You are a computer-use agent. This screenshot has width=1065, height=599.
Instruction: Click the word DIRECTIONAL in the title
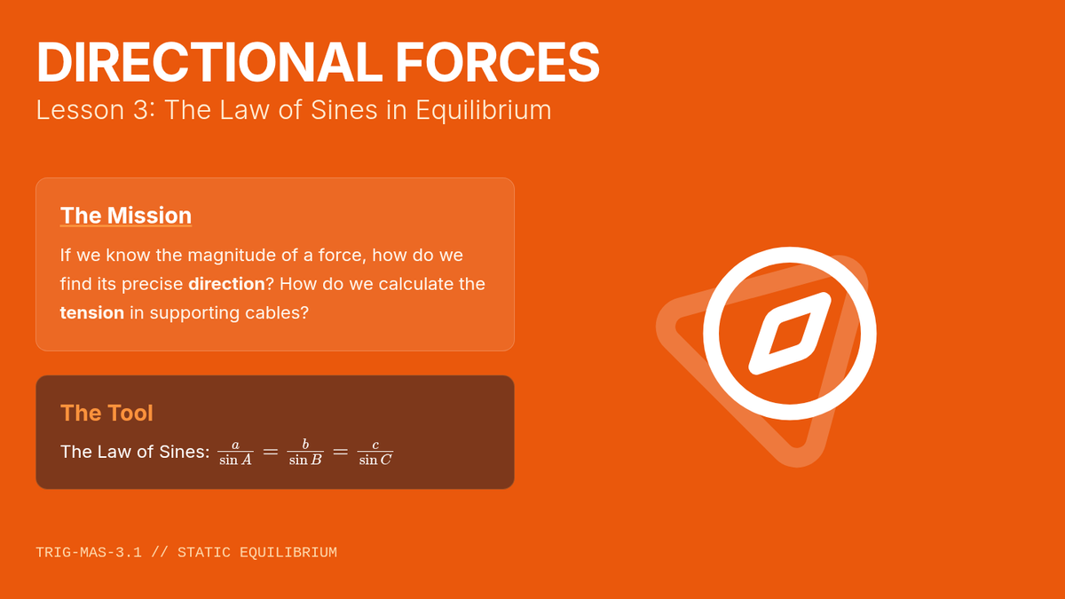coord(209,62)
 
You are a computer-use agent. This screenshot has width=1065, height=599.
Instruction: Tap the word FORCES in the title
coord(497,62)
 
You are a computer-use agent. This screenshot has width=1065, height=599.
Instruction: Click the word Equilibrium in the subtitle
coord(483,110)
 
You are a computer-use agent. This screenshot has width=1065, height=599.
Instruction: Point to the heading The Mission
coord(126,216)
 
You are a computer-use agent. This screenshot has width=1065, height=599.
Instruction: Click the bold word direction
coord(226,284)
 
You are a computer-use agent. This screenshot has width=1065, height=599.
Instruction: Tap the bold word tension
coord(92,312)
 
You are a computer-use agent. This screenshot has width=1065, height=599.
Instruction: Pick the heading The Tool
coord(107,413)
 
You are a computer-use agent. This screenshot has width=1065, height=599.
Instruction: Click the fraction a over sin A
coord(235,452)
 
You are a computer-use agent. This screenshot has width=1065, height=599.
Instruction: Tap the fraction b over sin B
coord(305,452)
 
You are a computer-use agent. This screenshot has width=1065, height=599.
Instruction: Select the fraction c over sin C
coord(375,452)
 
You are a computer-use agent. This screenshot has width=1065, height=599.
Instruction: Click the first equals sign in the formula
coord(271,452)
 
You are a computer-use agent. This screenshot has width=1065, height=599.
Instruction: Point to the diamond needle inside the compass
coord(790,334)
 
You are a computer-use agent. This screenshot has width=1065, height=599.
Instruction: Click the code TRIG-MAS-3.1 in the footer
coord(89,552)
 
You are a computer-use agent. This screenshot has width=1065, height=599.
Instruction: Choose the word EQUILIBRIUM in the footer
coord(288,552)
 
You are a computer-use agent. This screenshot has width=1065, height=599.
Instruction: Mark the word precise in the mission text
coord(152,284)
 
